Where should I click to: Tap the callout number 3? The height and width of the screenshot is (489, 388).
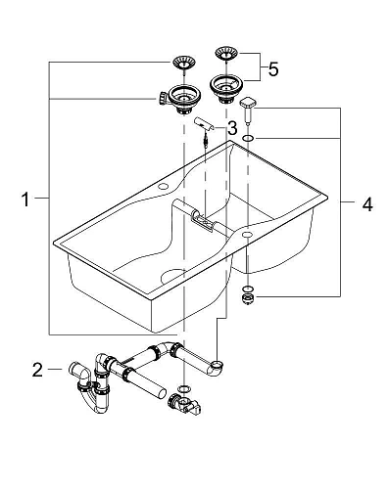232,128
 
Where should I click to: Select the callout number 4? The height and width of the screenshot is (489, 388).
366,204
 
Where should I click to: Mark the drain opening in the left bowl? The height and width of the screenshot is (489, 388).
170,279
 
